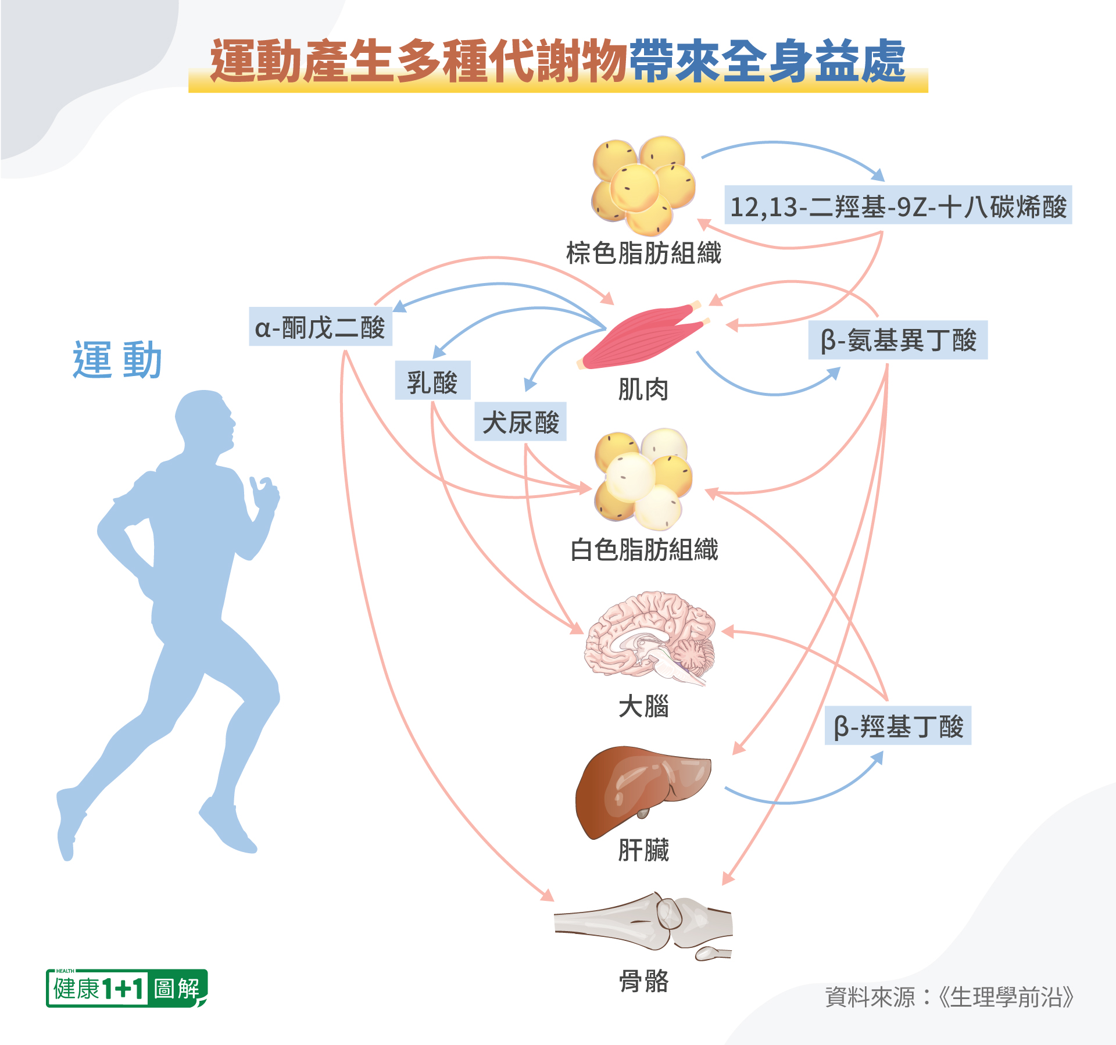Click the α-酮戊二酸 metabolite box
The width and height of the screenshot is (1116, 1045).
(x=320, y=327)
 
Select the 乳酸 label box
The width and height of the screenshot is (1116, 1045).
(x=432, y=381)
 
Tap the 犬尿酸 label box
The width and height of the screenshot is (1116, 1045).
(x=520, y=421)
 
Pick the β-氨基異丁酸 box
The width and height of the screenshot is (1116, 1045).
(x=897, y=340)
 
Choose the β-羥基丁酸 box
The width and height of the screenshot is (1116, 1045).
(x=898, y=726)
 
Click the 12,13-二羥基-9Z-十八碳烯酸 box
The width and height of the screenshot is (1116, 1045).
(x=898, y=205)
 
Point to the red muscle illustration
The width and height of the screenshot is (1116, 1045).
(x=642, y=337)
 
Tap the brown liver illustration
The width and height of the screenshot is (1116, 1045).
(x=642, y=790)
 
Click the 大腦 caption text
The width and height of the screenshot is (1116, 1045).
(x=643, y=707)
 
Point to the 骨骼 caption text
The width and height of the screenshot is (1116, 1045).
(x=643, y=981)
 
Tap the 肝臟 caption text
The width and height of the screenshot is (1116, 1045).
(x=643, y=850)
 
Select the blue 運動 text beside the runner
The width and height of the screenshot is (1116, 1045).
(x=117, y=360)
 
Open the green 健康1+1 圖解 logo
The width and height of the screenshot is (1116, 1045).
(x=127, y=988)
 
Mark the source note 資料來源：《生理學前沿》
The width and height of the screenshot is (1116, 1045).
(x=949, y=997)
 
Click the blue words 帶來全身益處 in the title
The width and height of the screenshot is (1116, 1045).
(x=767, y=61)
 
